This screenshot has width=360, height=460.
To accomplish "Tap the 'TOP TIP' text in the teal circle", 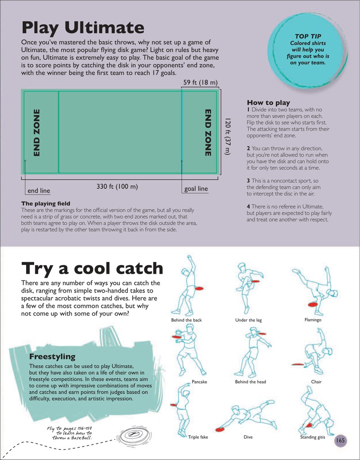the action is [x=308, y=36].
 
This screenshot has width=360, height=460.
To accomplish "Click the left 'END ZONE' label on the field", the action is [x=36, y=133].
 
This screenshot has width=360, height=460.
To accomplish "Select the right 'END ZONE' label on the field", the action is [x=208, y=133].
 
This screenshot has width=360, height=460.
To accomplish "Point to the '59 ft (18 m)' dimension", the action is [x=200, y=82].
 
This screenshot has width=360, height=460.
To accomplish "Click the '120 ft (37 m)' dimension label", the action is [x=228, y=136].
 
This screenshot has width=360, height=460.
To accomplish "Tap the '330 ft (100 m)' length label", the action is [x=117, y=186].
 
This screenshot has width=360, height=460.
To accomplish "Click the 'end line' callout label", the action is [x=39, y=191].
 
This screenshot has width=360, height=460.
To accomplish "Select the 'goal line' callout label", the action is [x=196, y=189].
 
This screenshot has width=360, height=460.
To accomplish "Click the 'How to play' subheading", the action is [x=269, y=103].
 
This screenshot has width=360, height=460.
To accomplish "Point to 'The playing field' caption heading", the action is [x=46, y=203].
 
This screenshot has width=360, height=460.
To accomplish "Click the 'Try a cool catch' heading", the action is [x=92, y=268].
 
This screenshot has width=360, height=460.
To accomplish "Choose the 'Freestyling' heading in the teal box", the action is [x=52, y=357].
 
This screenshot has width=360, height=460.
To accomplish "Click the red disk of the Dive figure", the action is [x=220, y=430].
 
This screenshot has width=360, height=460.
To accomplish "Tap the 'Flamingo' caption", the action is [x=313, y=320].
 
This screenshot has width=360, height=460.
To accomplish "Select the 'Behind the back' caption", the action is [x=187, y=320].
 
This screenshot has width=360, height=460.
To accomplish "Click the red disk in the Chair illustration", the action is [x=298, y=365].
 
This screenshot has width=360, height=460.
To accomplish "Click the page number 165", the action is [x=340, y=440].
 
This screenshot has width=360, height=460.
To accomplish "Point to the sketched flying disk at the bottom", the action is [x=135, y=436].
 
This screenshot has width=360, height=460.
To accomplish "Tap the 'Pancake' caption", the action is [x=199, y=382].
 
